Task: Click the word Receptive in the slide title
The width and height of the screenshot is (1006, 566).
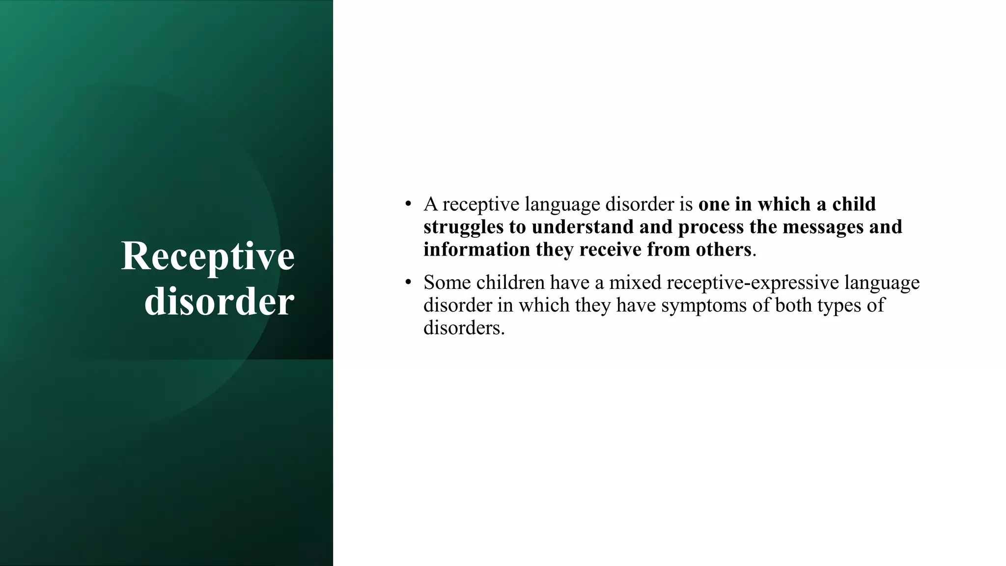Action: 208,257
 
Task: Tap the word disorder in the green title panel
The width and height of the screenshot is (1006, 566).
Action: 219,301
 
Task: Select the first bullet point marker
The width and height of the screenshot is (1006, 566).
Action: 408,203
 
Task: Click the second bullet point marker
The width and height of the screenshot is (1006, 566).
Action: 408,282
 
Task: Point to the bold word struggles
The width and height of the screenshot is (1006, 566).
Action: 463,227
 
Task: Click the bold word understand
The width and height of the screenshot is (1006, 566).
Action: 583,227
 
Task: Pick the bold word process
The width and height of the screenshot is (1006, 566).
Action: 711,227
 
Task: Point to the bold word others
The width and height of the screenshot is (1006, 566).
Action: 724,250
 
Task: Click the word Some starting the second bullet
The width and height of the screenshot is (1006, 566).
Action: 447,283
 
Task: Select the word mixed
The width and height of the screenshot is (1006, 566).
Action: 635,283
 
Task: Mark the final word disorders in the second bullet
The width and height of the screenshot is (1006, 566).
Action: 464,328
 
